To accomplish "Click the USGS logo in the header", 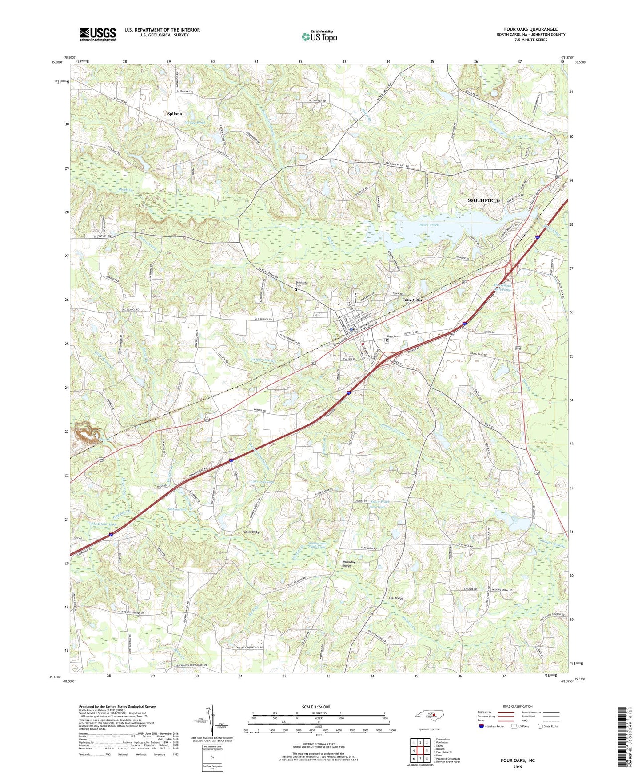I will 98,34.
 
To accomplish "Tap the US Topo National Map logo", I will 319,36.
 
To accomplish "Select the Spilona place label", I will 175,114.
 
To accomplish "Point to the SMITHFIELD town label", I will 483,200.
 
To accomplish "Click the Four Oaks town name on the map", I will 412,300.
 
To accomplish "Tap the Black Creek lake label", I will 429,225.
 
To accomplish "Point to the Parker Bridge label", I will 252,532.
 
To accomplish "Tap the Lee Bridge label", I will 396,598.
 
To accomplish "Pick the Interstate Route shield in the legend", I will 482,727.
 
